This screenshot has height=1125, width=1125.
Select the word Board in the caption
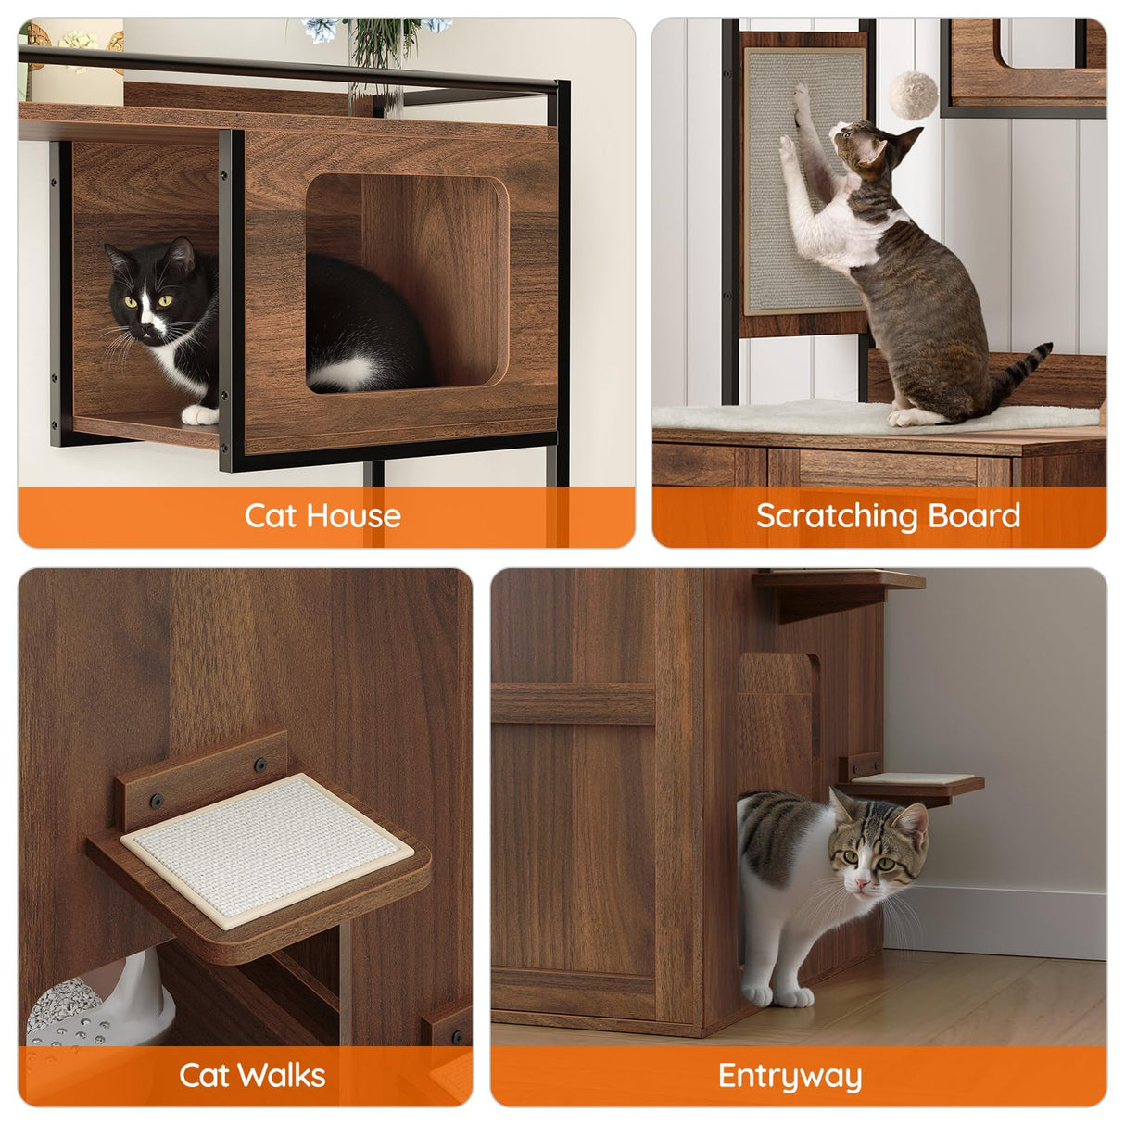(x=974, y=515)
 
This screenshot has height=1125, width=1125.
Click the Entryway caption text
(x=790, y=1076)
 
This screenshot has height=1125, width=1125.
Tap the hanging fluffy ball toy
(x=913, y=95)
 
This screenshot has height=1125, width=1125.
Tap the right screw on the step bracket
(x=259, y=766)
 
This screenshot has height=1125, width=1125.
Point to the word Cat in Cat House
(x=270, y=515)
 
